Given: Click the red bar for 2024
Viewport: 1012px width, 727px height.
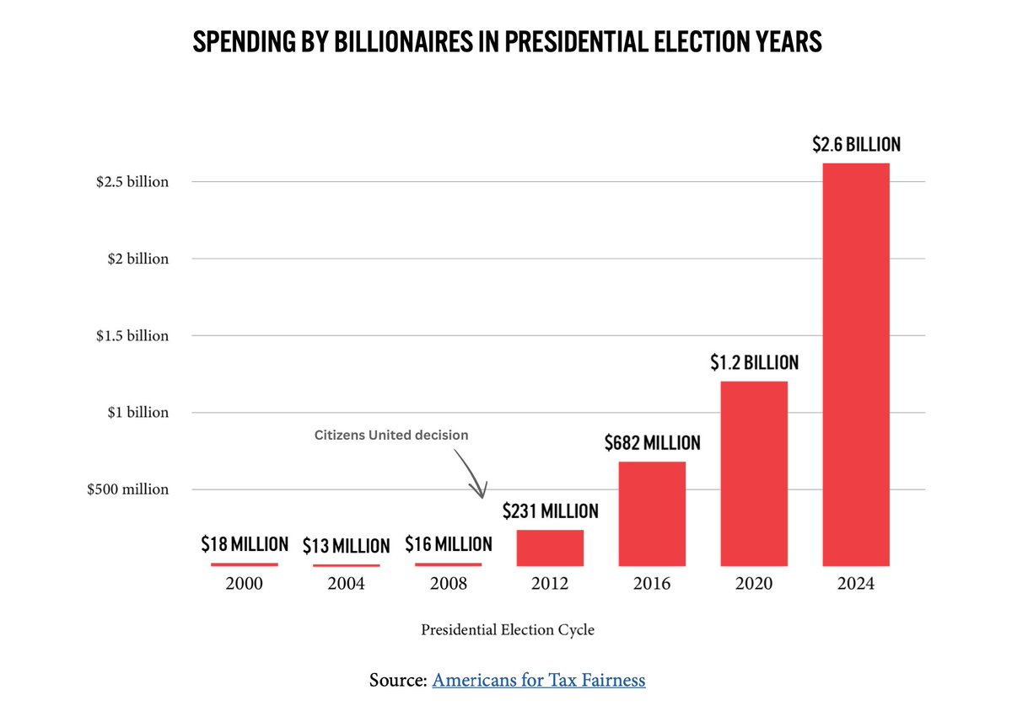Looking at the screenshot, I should click(855, 364).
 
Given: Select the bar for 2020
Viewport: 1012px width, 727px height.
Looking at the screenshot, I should click(754, 473).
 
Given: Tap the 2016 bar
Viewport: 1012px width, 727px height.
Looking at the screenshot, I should click(652, 513).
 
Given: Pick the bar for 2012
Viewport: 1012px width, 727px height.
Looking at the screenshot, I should click(550, 548).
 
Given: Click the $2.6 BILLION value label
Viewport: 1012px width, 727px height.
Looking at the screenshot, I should click(856, 145).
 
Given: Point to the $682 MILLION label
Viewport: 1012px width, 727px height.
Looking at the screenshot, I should click(652, 443).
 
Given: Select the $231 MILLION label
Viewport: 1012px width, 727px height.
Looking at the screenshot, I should click(550, 511).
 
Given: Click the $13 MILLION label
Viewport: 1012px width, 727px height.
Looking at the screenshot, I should click(346, 546).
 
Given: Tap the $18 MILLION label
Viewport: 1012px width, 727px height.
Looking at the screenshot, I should click(245, 544).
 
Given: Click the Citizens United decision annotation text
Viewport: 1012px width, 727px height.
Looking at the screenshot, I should click(390, 436).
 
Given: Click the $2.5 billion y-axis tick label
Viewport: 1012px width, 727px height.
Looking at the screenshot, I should click(132, 182).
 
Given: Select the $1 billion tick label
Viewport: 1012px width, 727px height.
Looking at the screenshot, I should click(138, 413).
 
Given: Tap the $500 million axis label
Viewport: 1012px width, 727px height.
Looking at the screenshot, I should click(127, 489).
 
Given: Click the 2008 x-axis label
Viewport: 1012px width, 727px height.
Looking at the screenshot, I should click(448, 584).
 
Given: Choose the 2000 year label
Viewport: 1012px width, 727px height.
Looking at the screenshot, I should click(245, 584).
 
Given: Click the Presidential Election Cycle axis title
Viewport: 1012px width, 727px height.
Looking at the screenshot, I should click(508, 630).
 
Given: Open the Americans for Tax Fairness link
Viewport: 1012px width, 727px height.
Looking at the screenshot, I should click(539, 680).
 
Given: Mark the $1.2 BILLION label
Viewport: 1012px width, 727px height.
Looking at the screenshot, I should click(754, 363).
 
